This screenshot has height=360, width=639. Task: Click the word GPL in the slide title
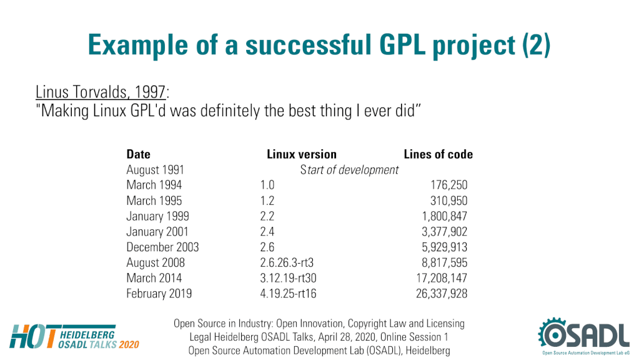tap(402, 44)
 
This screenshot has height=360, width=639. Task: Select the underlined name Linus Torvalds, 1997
tap(101, 92)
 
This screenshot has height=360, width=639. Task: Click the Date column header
tap(138, 154)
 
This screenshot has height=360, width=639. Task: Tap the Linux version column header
tap(302, 154)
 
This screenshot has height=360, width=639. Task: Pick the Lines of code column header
tap(438, 154)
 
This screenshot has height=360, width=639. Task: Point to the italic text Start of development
tap(349, 169)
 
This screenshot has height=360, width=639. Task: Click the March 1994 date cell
tap(154, 185)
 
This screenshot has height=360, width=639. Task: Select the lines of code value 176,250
tap(448, 185)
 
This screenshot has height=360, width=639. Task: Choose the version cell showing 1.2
tap(267, 201)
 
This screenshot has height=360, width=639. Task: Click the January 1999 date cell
tap(157, 216)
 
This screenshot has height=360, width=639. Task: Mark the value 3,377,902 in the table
tap(444, 232)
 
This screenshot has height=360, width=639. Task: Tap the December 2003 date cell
tap(162, 247)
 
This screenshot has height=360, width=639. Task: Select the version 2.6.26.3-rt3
tap(287, 262)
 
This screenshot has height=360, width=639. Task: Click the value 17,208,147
tap(442, 278)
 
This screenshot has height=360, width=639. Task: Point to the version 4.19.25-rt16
tap(288, 294)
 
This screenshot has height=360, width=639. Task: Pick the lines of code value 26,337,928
tap(442, 294)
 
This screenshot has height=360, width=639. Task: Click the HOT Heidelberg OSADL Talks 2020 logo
tap(74, 337)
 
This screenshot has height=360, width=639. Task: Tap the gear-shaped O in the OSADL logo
tap(554, 334)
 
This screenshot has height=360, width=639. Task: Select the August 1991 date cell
tap(156, 169)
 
